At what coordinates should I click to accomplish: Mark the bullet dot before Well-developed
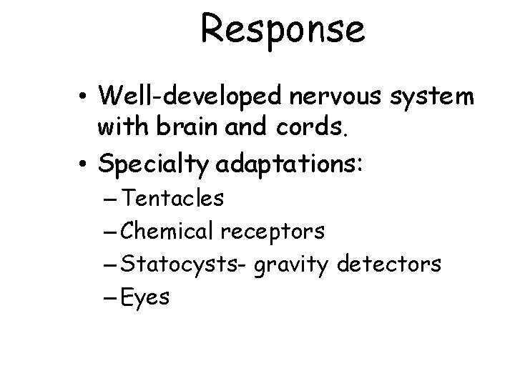coord(86,96)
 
